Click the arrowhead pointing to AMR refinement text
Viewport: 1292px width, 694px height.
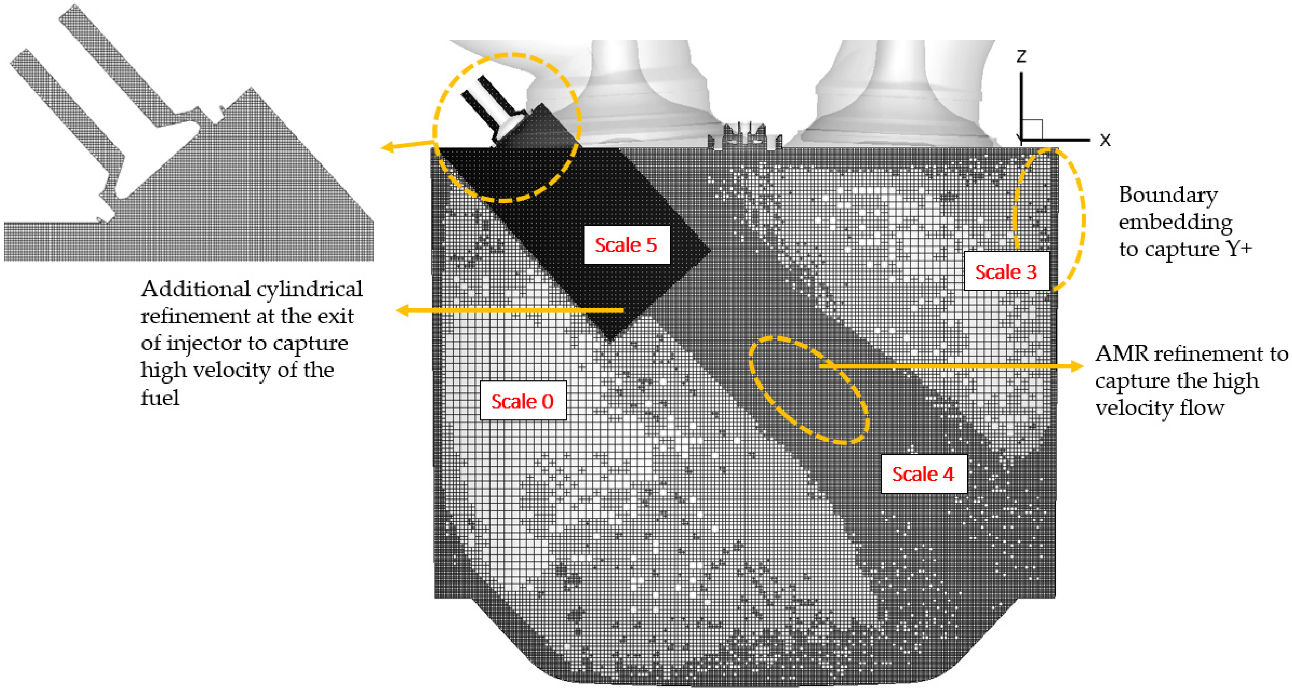tap(1077, 366)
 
